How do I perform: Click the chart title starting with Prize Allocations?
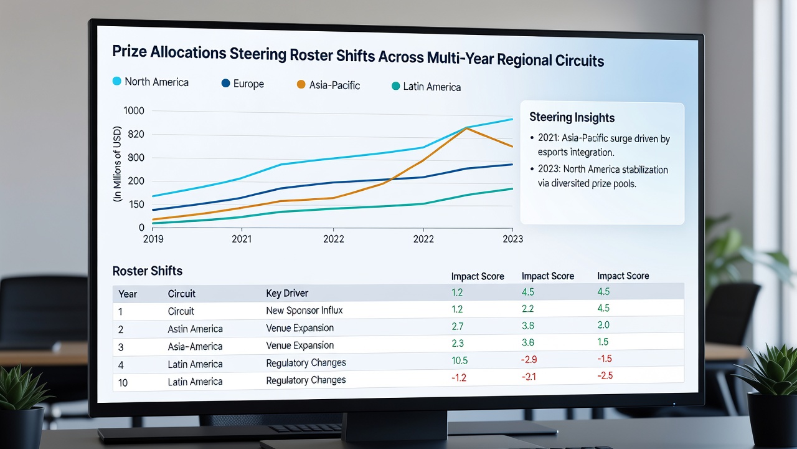[x=358, y=56]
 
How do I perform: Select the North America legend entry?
[x=151, y=82]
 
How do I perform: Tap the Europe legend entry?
[x=243, y=84]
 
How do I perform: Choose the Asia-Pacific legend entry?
[x=328, y=85]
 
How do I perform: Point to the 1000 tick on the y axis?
[x=134, y=110]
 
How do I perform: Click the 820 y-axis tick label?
[x=136, y=134]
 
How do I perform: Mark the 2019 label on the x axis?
[x=153, y=239]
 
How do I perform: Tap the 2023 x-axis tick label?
[x=512, y=239]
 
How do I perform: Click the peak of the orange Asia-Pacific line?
[x=466, y=128]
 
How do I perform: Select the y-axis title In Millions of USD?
[x=117, y=164]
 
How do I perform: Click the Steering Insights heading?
[x=572, y=117]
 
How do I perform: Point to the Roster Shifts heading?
[x=148, y=271]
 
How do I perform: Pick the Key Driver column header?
[x=287, y=293]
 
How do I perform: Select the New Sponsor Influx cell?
[x=304, y=311]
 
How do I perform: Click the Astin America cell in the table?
[x=195, y=329]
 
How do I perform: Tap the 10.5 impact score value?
[x=460, y=360]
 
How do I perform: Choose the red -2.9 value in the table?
[x=529, y=359]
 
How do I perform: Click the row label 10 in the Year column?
[x=123, y=383]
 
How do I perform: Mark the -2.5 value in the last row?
[x=605, y=375]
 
